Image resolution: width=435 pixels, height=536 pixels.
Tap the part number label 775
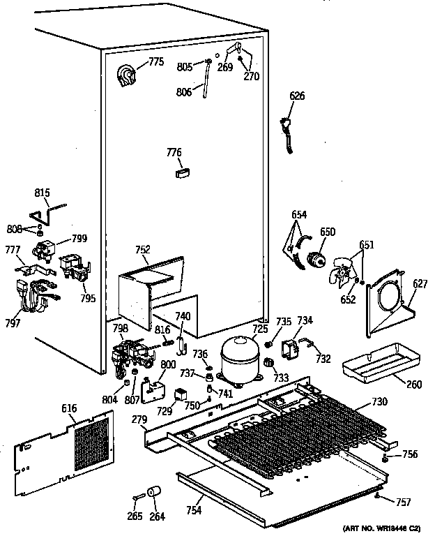coord(155,62)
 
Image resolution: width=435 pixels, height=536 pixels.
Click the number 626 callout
coord(297,96)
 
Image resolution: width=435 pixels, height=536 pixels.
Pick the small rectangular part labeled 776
coord(183,171)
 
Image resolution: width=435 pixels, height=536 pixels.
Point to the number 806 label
coord(184,91)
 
